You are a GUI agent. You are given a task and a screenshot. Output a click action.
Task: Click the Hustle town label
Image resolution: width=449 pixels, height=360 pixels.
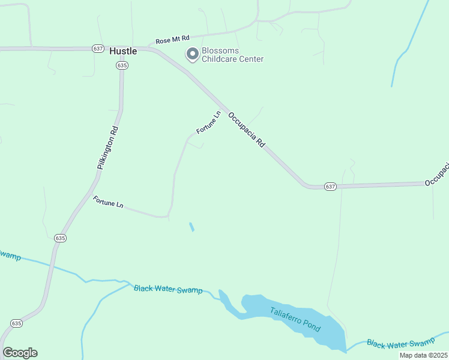click(123, 51)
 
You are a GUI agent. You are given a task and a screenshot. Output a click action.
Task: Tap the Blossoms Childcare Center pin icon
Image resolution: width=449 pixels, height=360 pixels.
click(193, 55)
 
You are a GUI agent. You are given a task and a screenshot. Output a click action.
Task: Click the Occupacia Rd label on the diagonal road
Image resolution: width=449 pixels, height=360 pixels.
click(247, 128)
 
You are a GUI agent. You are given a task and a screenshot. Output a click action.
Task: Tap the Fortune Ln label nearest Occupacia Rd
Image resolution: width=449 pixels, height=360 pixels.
click(209, 122)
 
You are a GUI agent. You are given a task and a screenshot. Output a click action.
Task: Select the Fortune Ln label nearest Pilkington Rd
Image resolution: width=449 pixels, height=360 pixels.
click(108, 202)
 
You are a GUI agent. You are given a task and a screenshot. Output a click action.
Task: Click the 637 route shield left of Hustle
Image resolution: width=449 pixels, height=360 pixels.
click(98, 48)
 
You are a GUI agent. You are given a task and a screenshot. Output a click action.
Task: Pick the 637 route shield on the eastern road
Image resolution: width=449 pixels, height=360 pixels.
click(330, 187)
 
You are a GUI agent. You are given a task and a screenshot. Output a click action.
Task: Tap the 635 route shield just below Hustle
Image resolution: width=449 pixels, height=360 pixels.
click(122, 65)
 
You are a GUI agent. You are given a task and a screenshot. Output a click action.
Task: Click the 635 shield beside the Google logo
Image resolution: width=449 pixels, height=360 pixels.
click(16, 323)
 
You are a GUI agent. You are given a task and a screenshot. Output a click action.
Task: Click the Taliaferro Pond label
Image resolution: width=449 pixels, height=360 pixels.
click(295, 320)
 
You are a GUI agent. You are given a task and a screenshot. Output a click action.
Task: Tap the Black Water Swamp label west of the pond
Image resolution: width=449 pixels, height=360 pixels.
click(168, 289)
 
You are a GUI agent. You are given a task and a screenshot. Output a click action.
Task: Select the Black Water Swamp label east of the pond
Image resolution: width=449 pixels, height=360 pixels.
click(400, 343)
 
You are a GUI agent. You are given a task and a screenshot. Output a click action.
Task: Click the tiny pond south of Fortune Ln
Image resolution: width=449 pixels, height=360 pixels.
click(191, 227)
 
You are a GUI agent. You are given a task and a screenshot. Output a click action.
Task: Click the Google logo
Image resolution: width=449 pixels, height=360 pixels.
click(20, 353)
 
